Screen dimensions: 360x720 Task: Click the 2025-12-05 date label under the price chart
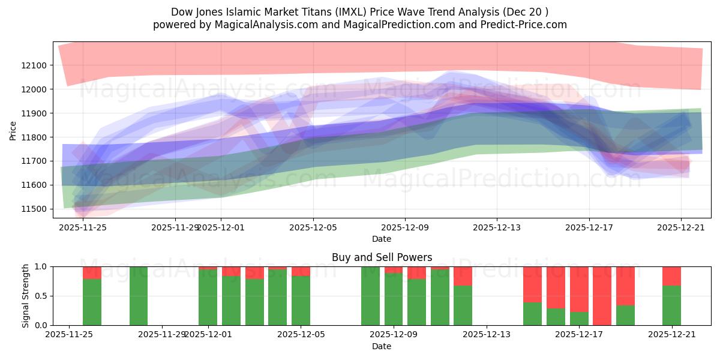tap(313, 227)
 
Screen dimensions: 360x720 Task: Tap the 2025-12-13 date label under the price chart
tap(497, 227)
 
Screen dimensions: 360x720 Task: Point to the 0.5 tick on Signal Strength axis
tap(41, 296)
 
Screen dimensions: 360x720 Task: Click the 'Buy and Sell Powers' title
tap(382, 257)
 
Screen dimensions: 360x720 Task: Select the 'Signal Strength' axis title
tap(25, 296)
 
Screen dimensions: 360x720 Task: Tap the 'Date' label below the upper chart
tap(382, 239)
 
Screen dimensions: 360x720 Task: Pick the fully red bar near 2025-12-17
tap(602, 296)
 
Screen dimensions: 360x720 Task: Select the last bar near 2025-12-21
tap(671, 296)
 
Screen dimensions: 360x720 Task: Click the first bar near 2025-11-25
tap(92, 296)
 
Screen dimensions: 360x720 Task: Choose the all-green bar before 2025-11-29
tap(139, 296)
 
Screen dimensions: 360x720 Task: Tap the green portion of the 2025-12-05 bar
tap(301, 301)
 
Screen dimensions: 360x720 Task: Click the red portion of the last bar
tap(671, 275)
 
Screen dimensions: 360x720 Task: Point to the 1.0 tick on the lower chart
tap(41, 266)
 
